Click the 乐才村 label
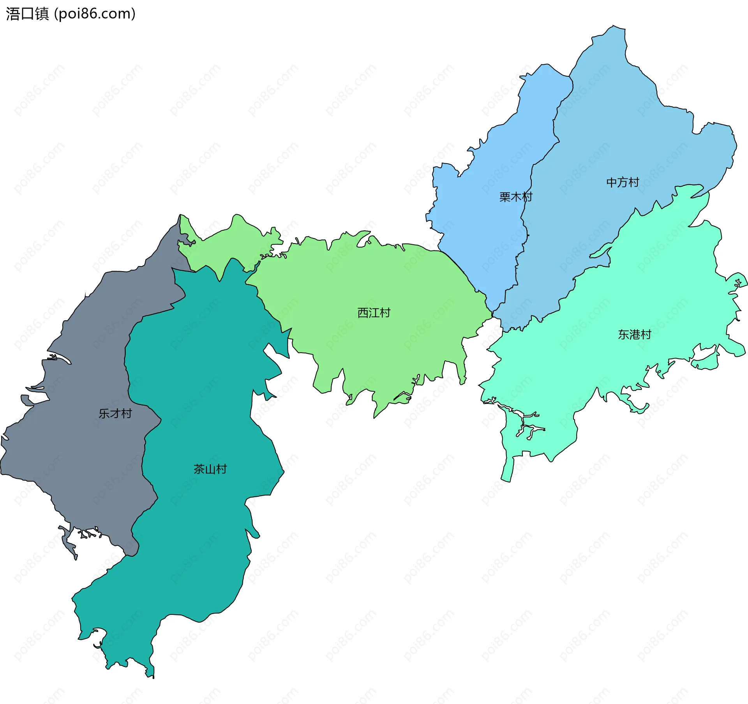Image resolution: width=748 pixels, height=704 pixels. click(115, 413)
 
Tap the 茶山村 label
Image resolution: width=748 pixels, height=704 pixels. click(210, 469)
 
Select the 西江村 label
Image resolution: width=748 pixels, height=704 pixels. click(374, 312)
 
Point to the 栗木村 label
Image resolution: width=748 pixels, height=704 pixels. click(516, 197)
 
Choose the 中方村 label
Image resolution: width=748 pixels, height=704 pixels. click(623, 182)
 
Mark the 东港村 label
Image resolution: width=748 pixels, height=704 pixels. click(635, 334)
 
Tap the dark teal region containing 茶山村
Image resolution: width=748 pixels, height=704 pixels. click(203, 545)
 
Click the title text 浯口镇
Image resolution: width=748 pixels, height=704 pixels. click(27, 14)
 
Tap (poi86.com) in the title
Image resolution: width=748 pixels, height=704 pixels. click(95, 14)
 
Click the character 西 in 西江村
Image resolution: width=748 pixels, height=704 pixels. click(363, 312)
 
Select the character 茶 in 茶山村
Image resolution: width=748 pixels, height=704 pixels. click(199, 469)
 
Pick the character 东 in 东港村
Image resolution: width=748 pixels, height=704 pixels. click(624, 334)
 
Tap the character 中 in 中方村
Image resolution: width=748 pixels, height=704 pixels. click(612, 182)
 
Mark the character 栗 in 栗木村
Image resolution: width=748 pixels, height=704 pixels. click(505, 197)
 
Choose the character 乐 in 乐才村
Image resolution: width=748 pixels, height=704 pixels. click(104, 413)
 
